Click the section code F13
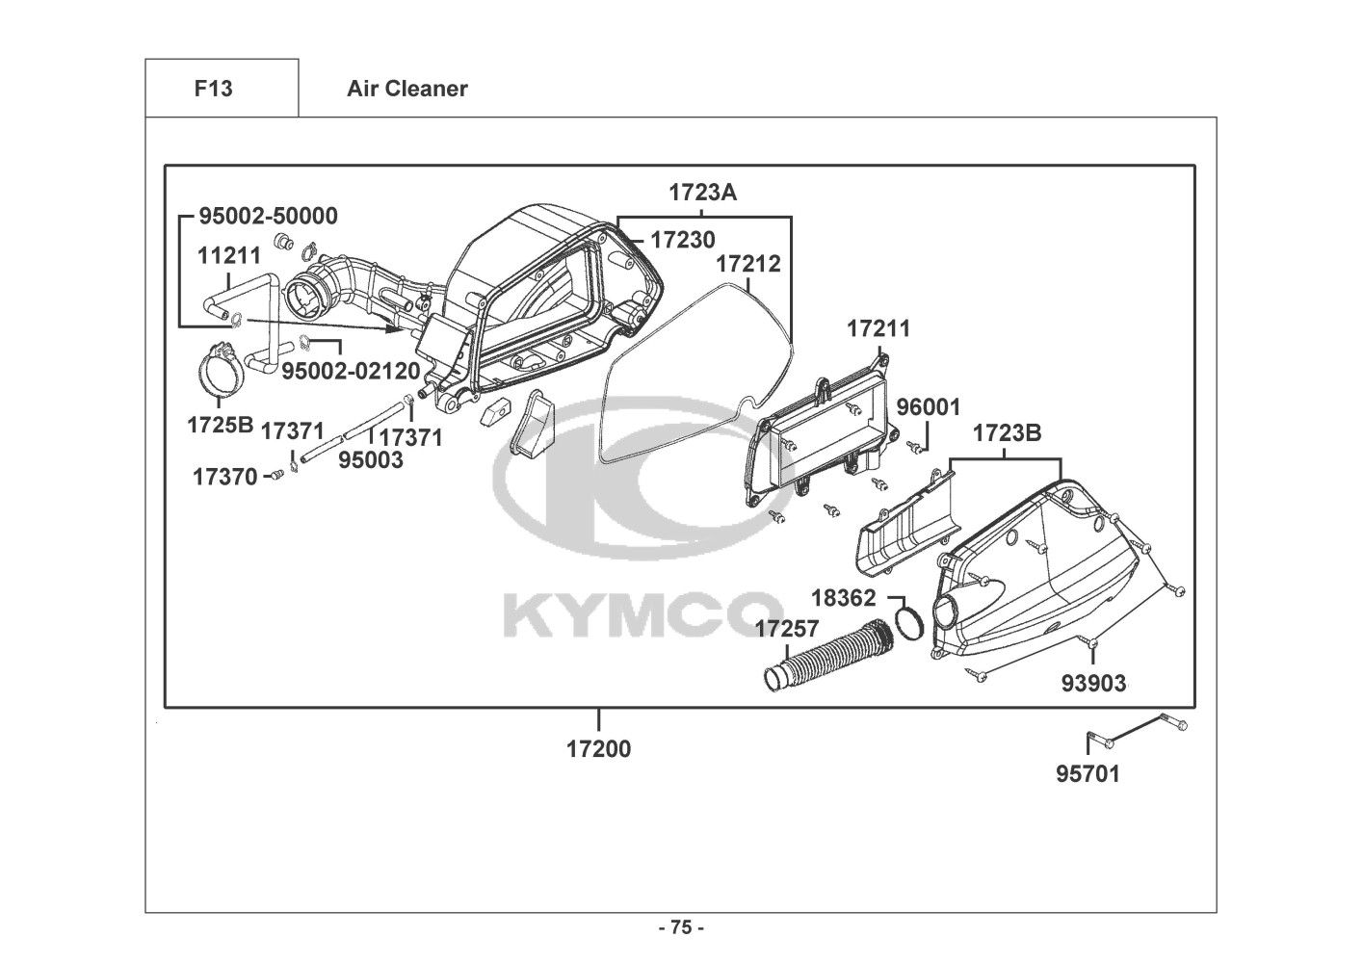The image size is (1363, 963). click(213, 89)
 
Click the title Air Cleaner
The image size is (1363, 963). click(406, 89)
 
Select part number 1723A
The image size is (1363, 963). click(702, 193)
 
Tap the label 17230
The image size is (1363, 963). click(682, 238)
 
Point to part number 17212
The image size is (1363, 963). click(748, 263)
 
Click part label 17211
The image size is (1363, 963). click(878, 328)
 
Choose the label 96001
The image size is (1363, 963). click(928, 407)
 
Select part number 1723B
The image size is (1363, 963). click(1007, 433)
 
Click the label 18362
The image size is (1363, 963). click(843, 598)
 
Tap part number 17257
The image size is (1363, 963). click(786, 629)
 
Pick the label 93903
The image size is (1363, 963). click(1093, 683)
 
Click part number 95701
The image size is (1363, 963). click(1088, 773)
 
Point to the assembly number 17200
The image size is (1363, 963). click(598, 748)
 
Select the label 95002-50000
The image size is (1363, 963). click(268, 216)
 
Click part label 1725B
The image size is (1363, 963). click(220, 425)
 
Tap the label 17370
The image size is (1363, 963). click(224, 476)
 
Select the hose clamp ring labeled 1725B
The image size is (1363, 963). click(220, 376)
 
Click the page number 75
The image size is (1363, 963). click(681, 927)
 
